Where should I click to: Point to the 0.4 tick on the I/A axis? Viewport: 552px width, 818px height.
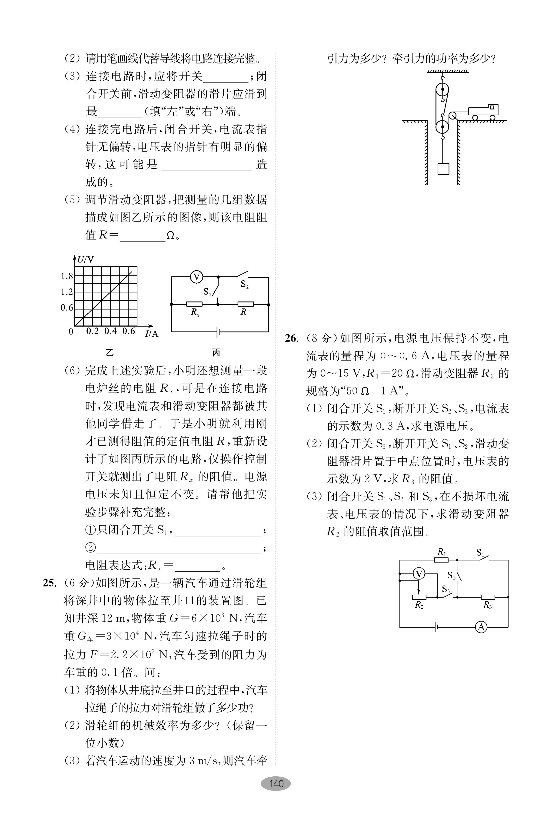point(110,331)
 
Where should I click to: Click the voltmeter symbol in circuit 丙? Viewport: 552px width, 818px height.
point(197,277)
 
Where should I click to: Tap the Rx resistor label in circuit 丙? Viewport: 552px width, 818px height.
point(195,312)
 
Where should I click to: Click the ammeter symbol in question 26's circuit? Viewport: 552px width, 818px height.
point(481,627)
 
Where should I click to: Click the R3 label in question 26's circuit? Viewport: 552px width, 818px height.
point(488,605)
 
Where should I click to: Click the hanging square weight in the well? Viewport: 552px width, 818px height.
point(443,169)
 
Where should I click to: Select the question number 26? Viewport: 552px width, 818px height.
point(292,338)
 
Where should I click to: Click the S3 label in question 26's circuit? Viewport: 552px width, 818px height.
point(446,589)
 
